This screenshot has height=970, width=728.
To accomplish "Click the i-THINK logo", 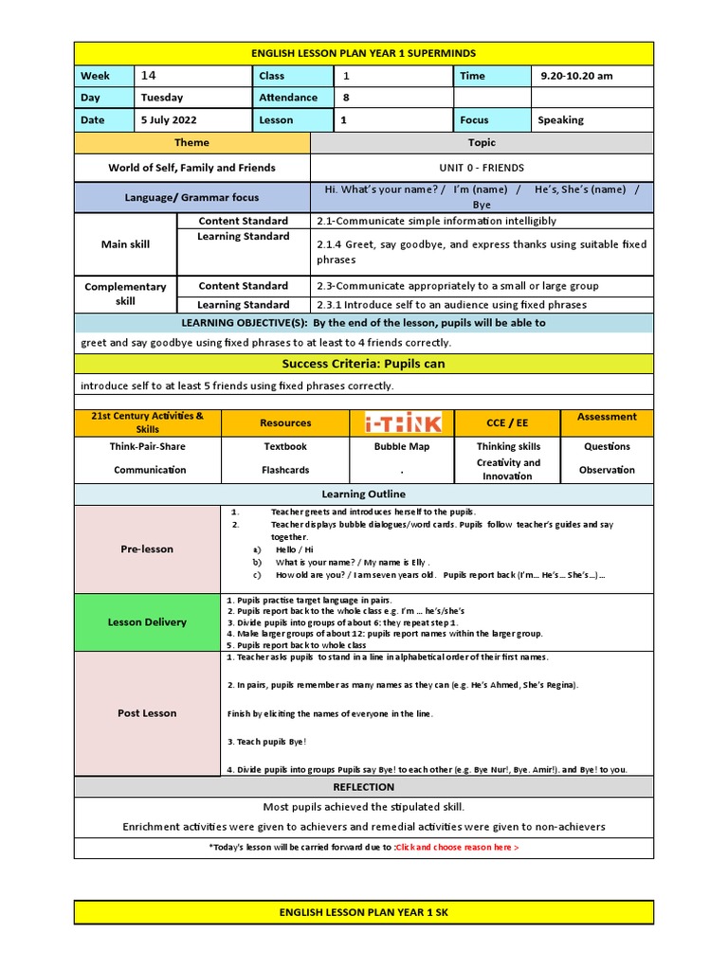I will click(x=403, y=422).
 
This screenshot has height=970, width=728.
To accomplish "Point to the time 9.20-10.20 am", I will click(x=576, y=76).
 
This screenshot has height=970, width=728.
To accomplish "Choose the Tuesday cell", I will click(x=162, y=98).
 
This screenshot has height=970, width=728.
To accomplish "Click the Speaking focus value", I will click(x=560, y=120).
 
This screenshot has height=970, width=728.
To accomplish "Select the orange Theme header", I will click(x=192, y=143).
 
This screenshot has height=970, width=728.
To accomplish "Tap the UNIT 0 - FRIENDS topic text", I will click(x=482, y=168).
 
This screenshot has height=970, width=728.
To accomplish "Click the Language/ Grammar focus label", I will click(x=192, y=197).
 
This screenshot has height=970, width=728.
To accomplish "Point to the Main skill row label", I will click(x=125, y=244).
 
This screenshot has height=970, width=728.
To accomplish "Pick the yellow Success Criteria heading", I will click(x=363, y=364).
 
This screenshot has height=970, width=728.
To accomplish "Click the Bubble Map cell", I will click(x=403, y=446).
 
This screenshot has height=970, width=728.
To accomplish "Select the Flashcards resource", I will click(x=285, y=470).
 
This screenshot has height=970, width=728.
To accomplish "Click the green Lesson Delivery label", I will click(x=147, y=622).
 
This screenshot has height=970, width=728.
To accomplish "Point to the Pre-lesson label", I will click(x=147, y=548).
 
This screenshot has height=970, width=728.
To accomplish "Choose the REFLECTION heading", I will click(x=363, y=787).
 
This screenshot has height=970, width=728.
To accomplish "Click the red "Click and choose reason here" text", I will click(x=456, y=847).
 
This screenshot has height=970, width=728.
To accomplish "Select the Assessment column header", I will click(x=607, y=417).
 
